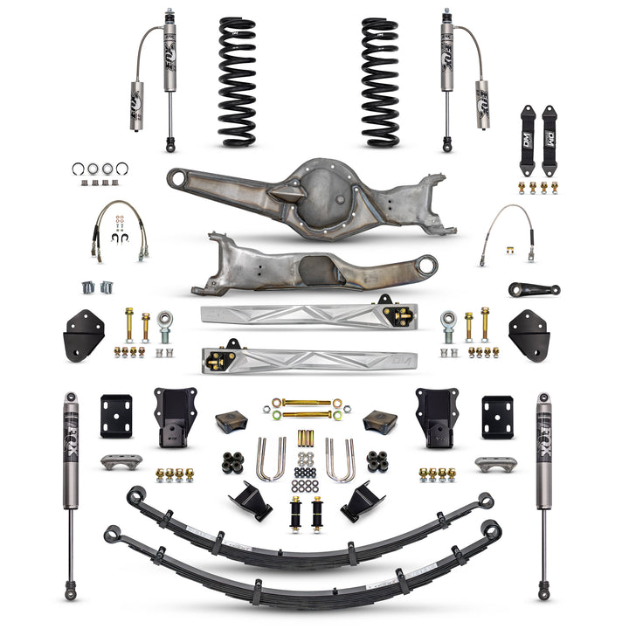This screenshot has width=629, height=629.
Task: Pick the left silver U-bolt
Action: [x=271, y=460]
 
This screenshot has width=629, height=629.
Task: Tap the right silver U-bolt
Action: [x=340, y=460]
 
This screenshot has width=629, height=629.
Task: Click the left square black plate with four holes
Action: [x=115, y=417]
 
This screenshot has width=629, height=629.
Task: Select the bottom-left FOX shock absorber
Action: [x=70, y=494]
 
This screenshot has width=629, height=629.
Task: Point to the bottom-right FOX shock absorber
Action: [x=544, y=494]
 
